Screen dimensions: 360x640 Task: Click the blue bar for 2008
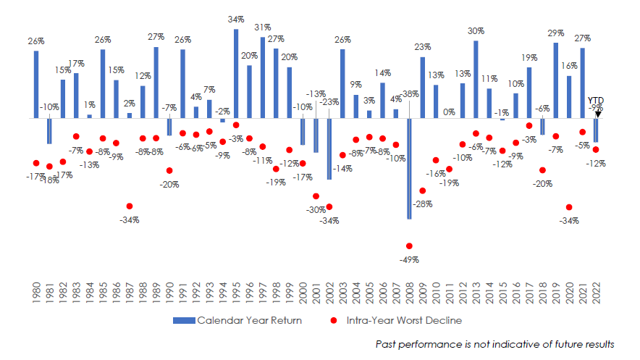pos(409,168)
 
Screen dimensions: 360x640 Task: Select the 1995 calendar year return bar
pos(236,73)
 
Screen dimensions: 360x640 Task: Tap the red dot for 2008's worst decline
pos(409,246)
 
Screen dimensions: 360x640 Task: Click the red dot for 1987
pos(130,206)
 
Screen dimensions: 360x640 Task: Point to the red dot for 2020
pos(569,208)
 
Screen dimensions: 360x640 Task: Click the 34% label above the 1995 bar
pos(236,20)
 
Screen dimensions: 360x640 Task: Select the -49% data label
pos(409,259)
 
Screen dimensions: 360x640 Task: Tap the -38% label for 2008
pos(409,94)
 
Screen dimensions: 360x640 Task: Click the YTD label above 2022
pos(597,101)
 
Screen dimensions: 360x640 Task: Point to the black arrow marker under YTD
pos(597,113)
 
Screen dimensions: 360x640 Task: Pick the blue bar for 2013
pos(476,79)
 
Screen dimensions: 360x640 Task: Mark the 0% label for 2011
pos(449,112)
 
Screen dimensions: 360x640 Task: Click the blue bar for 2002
pos(329,148)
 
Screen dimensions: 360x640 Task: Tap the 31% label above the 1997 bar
pos(263,28)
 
